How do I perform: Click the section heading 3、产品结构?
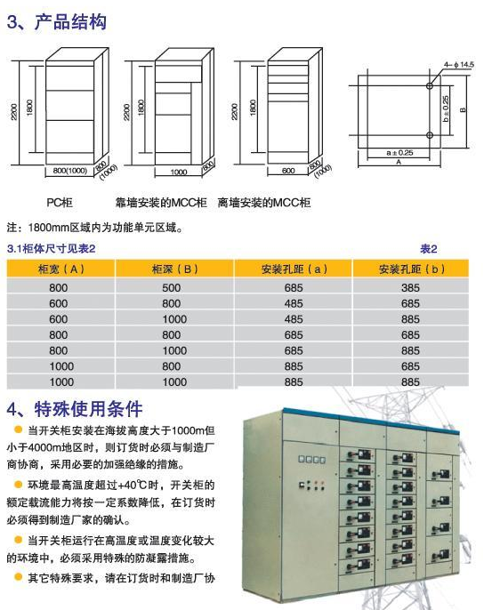pos(56,21)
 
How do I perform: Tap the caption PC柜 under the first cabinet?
pos(60,203)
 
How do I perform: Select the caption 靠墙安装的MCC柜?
pos(161,203)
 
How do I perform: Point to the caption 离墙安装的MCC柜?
pos(264,203)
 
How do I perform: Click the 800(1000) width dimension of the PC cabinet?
pos(69,171)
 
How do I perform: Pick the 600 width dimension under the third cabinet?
pos(288,171)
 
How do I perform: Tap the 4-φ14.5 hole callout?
pos(459,65)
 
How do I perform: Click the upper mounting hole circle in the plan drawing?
pos(430,85)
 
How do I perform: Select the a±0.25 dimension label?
pos(399,153)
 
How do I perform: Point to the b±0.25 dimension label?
pos(446,108)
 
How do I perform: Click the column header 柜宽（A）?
pos(61,269)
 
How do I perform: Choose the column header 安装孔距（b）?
pos(411,269)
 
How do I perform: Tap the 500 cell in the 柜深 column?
pos(172,288)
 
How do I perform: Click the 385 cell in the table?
pos(410,288)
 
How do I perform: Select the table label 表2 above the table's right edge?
pos(428,249)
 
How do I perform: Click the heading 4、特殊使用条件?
pos(75,408)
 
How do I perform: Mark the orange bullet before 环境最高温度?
pos(18,485)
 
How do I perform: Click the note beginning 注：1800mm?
pos(94,228)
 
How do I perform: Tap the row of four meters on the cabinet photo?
pos(311,460)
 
